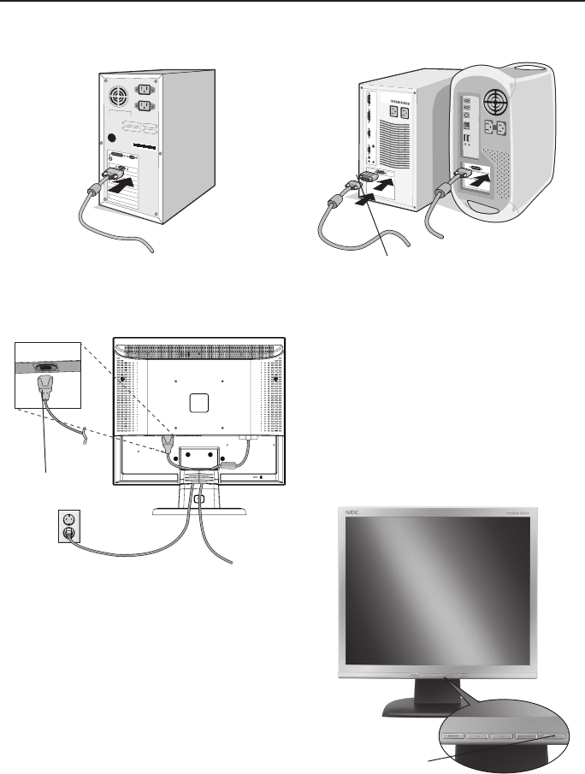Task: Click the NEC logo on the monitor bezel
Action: [350, 512]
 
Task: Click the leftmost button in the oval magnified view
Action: [455, 734]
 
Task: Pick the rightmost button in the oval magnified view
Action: [557, 733]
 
